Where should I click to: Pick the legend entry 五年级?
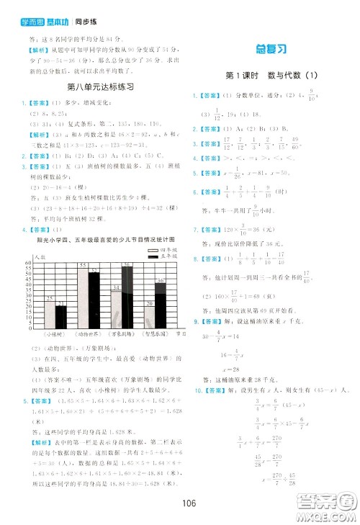tap(168, 259)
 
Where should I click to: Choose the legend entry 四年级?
tap(168, 253)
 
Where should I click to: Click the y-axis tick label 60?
tap(29, 264)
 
